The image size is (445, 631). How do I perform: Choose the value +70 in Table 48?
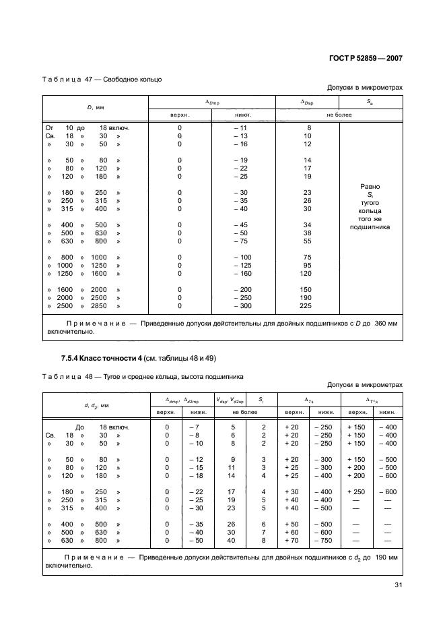click(x=294, y=540)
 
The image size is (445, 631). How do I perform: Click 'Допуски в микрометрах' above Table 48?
click(x=364, y=385)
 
